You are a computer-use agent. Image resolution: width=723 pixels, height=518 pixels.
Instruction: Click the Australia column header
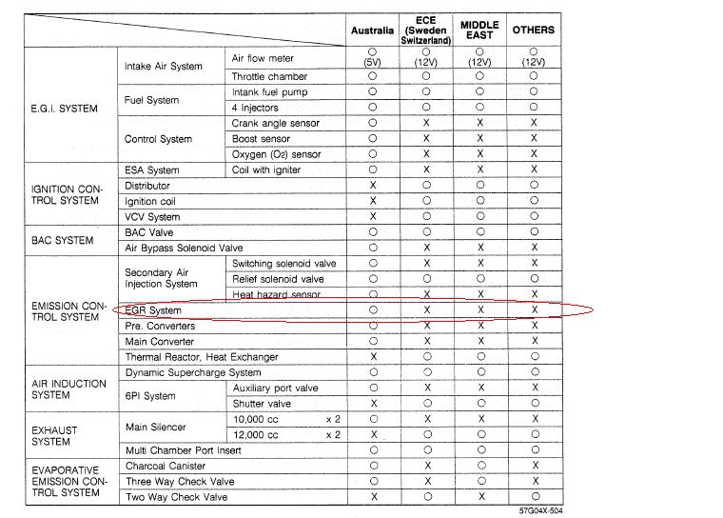pyautogui.click(x=372, y=30)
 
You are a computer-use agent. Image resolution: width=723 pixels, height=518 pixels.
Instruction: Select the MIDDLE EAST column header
pyautogui.click(x=479, y=30)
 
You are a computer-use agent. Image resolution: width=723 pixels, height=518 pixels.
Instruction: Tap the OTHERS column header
pyautogui.click(x=534, y=30)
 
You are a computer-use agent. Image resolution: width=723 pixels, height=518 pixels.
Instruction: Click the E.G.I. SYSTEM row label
pyautogui.click(x=65, y=109)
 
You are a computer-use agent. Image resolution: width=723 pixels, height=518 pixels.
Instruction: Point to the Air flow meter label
pyautogui.click(x=263, y=59)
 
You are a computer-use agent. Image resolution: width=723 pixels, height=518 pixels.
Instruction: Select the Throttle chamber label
pyautogui.click(x=269, y=76)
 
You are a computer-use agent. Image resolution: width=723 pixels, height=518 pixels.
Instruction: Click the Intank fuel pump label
pyautogui.click(x=270, y=92)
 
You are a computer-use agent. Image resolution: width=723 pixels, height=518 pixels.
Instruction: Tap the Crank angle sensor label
pyautogui.click(x=276, y=123)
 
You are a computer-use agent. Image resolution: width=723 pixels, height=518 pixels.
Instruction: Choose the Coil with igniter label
pyautogui.click(x=266, y=170)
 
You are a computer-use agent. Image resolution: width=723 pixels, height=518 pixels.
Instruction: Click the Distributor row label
pyautogui.click(x=147, y=186)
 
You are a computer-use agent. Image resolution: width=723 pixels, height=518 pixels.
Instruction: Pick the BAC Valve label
pyautogui.click(x=148, y=232)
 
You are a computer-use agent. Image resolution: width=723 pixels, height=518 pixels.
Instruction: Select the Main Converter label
pyautogui.click(x=160, y=341)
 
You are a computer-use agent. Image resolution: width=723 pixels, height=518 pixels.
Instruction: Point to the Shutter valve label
pyautogui.click(x=262, y=404)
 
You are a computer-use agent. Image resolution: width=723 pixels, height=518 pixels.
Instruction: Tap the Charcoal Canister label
pyautogui.click(x=166, y=466)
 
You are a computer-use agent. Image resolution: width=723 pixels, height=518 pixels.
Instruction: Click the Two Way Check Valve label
pyautogui.click(x=179, y=497)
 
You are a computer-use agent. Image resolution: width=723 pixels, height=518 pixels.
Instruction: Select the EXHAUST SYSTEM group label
pyautogui.click(x=55, y=435)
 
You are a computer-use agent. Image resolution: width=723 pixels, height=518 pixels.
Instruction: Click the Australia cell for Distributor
pyautogui.click(x=372, y=186)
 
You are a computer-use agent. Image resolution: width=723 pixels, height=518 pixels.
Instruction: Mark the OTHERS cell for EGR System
pyautogui.click(x=534, y=310)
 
